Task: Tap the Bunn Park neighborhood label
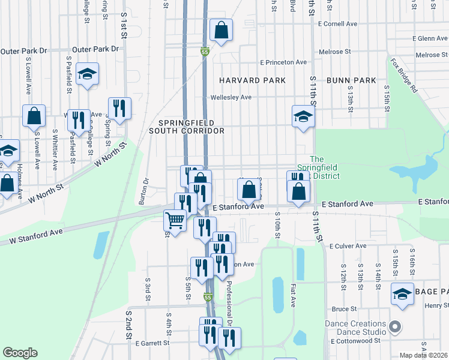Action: click(351, 80)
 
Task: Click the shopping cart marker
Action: click(175, 221)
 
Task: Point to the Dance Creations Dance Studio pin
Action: click(394, 327)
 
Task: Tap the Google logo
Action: click(20, 353)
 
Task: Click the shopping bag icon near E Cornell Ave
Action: click(221, 29)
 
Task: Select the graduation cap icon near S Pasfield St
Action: click(88, 74)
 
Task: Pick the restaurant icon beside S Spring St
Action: click(119, 108)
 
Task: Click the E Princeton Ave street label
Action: click(283, 62)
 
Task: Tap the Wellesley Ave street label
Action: click(231, 97)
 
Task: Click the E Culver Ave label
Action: click(348, 246)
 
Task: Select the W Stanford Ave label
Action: click(36, 236)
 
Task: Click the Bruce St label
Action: click(345, 309)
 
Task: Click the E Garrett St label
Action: click(152, 344)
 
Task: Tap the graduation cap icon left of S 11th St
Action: click(303, 116)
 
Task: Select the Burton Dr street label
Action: click(144, 191)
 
